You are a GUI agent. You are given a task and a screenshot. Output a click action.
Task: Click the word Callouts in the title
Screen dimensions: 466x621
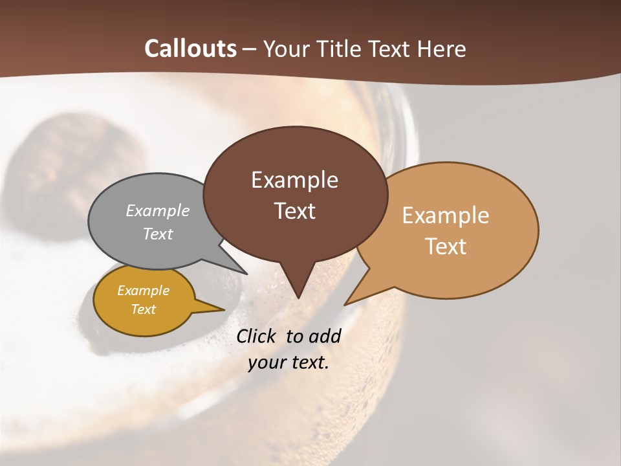(190, 49)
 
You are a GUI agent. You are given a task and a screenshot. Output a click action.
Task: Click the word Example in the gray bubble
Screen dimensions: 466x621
(158, 211)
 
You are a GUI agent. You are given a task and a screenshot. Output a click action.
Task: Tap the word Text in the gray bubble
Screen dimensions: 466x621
(158, 234)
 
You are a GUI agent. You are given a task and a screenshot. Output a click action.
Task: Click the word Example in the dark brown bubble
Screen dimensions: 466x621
(294, 180)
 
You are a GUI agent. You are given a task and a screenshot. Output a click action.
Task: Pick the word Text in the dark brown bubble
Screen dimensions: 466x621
(294, 211)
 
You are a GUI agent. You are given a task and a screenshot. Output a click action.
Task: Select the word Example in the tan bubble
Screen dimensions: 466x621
(446, 216)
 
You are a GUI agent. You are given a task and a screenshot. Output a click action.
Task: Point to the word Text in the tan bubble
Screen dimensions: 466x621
(446, 247)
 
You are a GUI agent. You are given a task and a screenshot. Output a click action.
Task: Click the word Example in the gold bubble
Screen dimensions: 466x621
(143, 291)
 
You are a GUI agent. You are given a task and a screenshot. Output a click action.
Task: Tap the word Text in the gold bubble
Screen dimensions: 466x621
(143, 309)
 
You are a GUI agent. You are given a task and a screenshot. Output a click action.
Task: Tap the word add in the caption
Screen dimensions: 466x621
(324, 336)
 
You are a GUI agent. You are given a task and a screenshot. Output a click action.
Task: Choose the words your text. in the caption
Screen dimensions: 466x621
(289, 362)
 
